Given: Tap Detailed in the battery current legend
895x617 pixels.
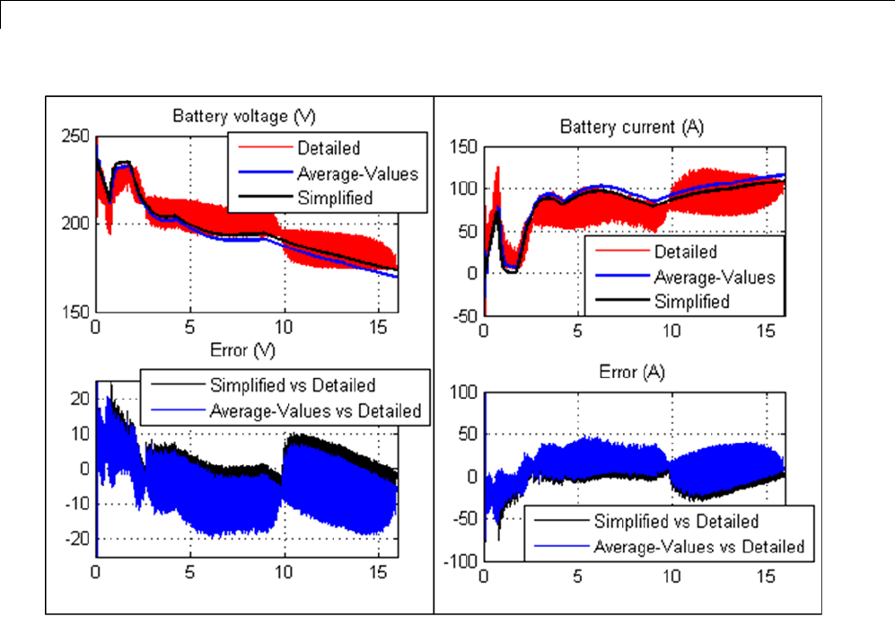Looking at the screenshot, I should click(686, 251).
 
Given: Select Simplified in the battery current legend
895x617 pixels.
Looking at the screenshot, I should click(691, 300).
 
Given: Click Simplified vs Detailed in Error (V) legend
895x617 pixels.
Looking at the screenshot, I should click(292, 386).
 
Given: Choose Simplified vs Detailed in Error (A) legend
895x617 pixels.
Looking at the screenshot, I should click(676, 521).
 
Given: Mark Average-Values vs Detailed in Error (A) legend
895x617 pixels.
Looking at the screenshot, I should click(698, 545).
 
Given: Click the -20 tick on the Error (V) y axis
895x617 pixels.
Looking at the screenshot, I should click(78, 537).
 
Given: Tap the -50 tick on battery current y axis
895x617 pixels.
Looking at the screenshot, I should click(467, 316).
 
